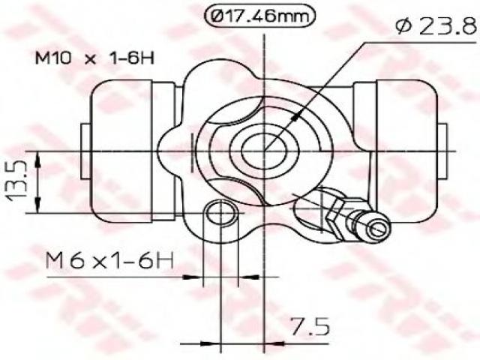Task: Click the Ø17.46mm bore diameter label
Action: click(x=259, y=16)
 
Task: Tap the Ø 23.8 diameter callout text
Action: click(x=437, y=26)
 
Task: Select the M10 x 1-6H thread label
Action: click(x=95, y=58)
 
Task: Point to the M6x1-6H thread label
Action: click(x=109, y=260)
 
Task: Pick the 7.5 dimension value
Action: click(x=310, y=326)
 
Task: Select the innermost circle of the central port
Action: click(x=263, y=150)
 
